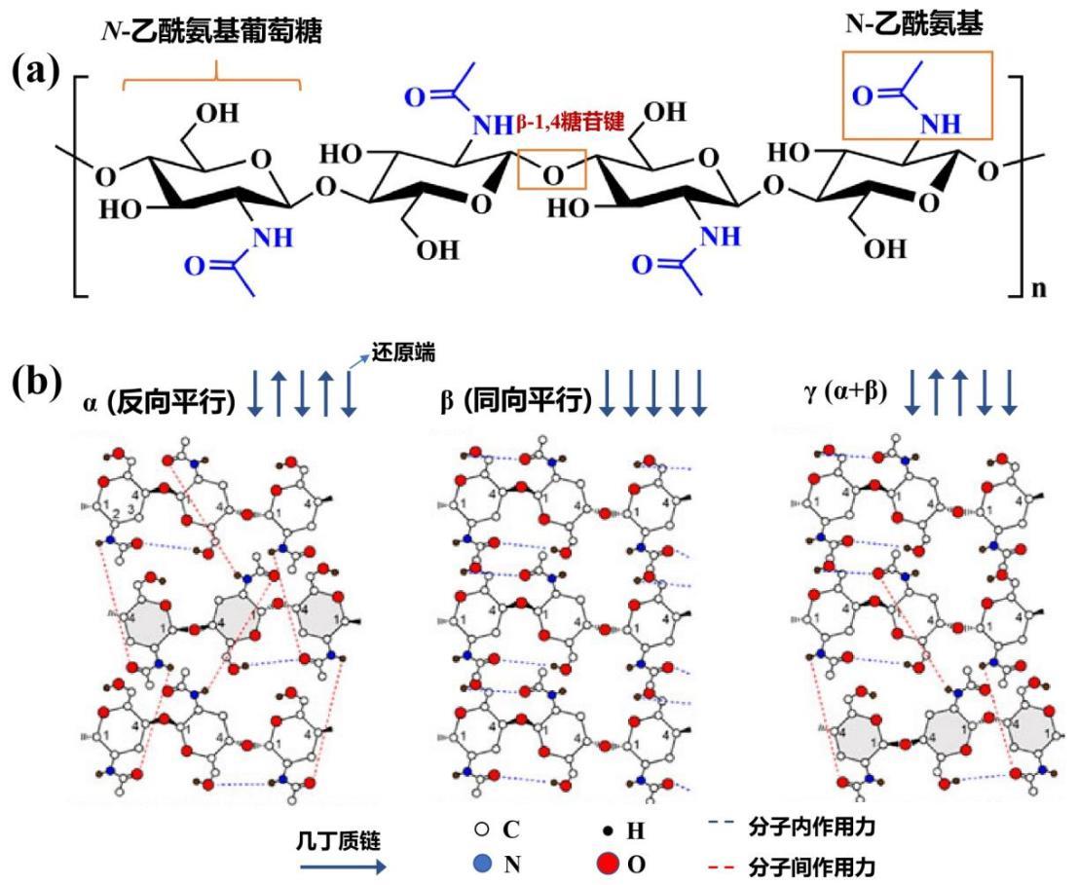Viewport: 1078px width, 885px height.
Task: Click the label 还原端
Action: click(391, 356)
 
